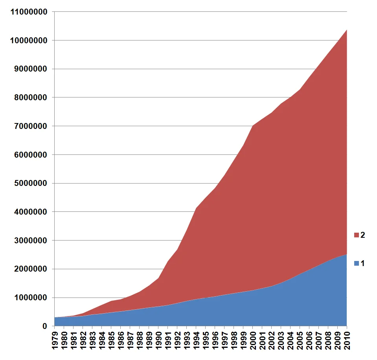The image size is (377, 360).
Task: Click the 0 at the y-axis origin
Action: tap(46, 326)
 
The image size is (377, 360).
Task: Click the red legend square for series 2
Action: tap(357, 235)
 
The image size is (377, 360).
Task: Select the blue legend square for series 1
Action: tap(357, 263)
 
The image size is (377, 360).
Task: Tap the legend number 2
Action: tap(363, 235)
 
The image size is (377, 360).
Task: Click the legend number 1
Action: tap(363, 263)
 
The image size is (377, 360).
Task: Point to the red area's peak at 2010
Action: tap(347, 30)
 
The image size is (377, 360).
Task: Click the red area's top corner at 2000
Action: tap(253, 126)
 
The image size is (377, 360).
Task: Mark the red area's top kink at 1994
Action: tap(196, 208)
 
